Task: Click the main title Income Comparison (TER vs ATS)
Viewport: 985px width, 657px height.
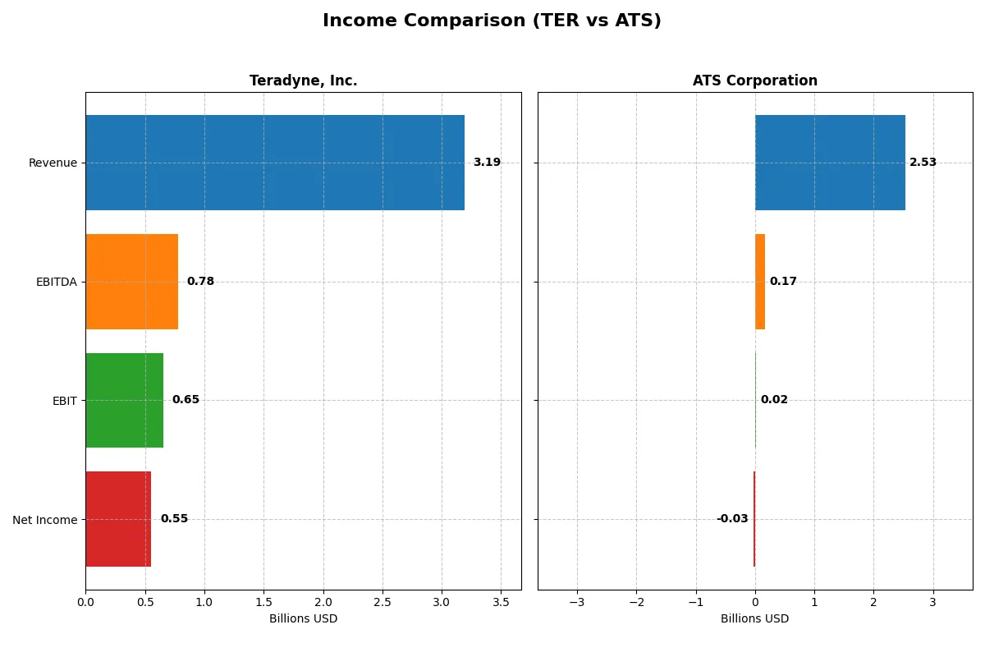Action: click(x=492, y=21)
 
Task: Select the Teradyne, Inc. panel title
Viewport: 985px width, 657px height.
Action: click(x=303, y=80)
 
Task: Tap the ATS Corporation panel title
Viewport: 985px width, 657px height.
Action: click(x=754, y=80)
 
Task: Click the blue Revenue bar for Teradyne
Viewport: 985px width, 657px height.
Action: click(x=275, y=163)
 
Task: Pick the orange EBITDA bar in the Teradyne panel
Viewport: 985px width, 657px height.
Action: click(x=132, y=282)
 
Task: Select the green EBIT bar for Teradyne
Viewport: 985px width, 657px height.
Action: click(x=125, y=400)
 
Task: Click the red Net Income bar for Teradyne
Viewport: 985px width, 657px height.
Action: click(x=118, y=519)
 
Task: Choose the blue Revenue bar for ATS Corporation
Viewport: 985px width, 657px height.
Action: click(x=830, y=163)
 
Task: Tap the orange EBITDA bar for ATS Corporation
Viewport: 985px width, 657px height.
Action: click(x=760, y=282)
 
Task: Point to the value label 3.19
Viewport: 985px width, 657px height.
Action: click(x=487, y=163)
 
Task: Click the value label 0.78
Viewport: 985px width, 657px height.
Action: click(x=200, y=282)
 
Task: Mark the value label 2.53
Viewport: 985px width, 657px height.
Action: click(x=923, y=163)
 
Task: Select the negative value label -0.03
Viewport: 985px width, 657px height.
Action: click(x=732, y=519)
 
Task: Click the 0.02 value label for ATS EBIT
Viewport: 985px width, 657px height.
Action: click(x=774, y=400)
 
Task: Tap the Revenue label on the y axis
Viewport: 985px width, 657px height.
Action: click(x=53, y=163)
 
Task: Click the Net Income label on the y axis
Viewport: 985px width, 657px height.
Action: click(x=45, y=520)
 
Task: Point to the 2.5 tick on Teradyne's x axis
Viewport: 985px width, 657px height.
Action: click(x=383, y=602)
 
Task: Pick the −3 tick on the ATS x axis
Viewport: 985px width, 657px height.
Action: click(x=577, y=602)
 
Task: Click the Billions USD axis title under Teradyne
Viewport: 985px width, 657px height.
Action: click(x=303, y=618)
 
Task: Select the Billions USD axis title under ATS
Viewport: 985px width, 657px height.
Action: click(x=754, y=618)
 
